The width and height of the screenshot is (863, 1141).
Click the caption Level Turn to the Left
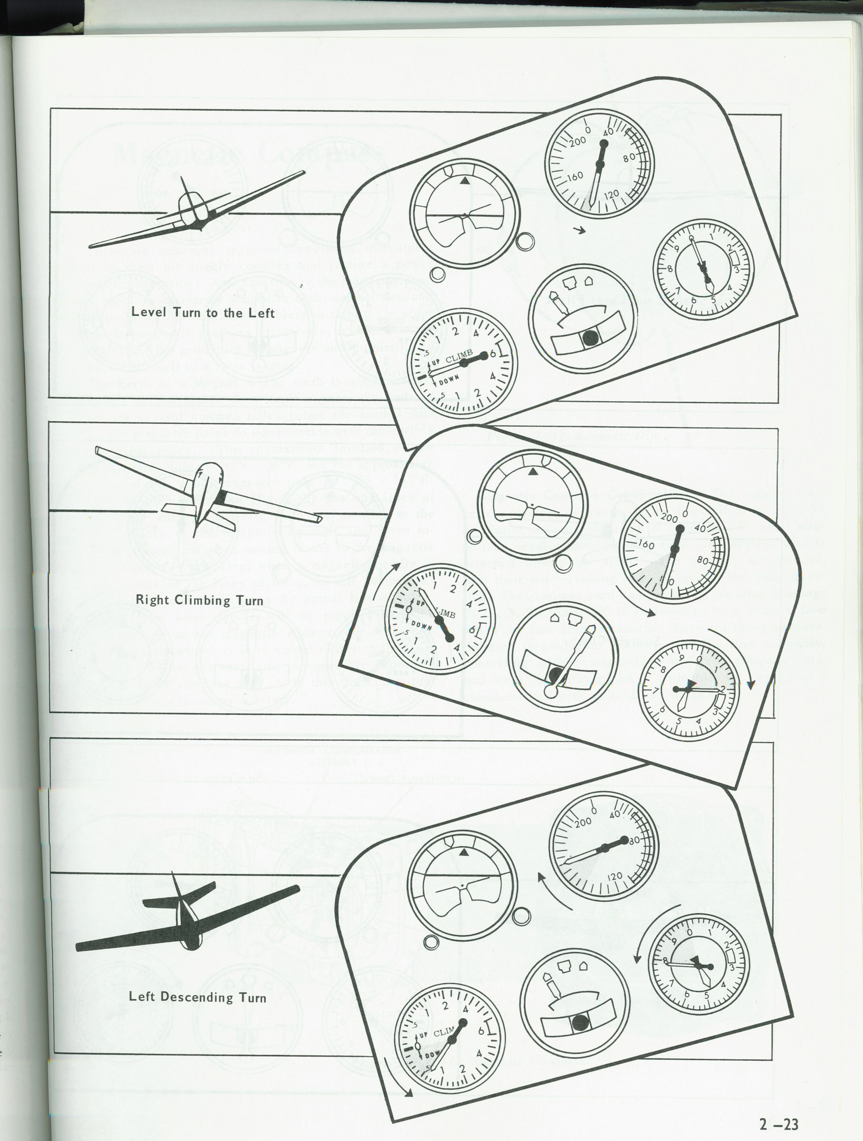(203, 312)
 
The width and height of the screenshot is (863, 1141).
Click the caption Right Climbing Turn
(199, 600)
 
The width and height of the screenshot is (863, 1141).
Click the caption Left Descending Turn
(198, 996)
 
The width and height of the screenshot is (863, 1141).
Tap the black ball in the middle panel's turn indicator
(555, 674)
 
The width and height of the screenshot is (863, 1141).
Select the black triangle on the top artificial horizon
(464, 181)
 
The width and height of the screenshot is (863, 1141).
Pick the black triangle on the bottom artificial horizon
(463, 852)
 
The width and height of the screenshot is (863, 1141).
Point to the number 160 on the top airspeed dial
(575, 176)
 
